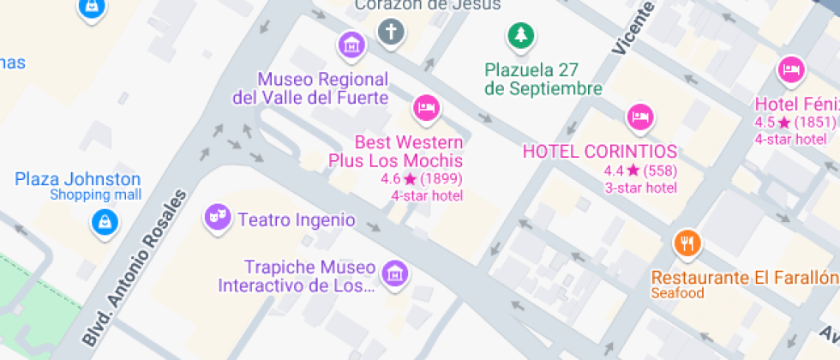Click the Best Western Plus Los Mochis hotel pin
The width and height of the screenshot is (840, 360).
click(426, 107)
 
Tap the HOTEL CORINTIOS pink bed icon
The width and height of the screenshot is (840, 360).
click(640, 115)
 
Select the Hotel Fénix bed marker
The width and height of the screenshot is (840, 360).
click(790, 69)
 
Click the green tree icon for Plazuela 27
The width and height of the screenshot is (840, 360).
click(519, 35)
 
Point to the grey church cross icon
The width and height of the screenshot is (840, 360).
click(391, 33)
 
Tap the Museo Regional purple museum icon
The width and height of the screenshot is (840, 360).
click(351, 45)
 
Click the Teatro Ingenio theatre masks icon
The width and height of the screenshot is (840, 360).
click(217, 216)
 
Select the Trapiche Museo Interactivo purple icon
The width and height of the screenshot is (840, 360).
click(395, 273)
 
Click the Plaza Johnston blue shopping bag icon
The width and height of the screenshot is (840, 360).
click(103, 222)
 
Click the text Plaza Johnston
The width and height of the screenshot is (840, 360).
click(78, 179)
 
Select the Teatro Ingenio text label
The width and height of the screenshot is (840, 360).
click(297, 219)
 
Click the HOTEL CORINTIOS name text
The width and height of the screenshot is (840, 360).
click(600, 152)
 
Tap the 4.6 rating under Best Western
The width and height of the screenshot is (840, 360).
click(391, 179)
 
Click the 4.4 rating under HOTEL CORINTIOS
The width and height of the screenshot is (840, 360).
click(614, 171)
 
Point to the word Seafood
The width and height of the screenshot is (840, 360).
click(677, 293)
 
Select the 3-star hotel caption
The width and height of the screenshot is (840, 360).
click(640, 188)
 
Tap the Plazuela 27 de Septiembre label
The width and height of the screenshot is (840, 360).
click(543, 79)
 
